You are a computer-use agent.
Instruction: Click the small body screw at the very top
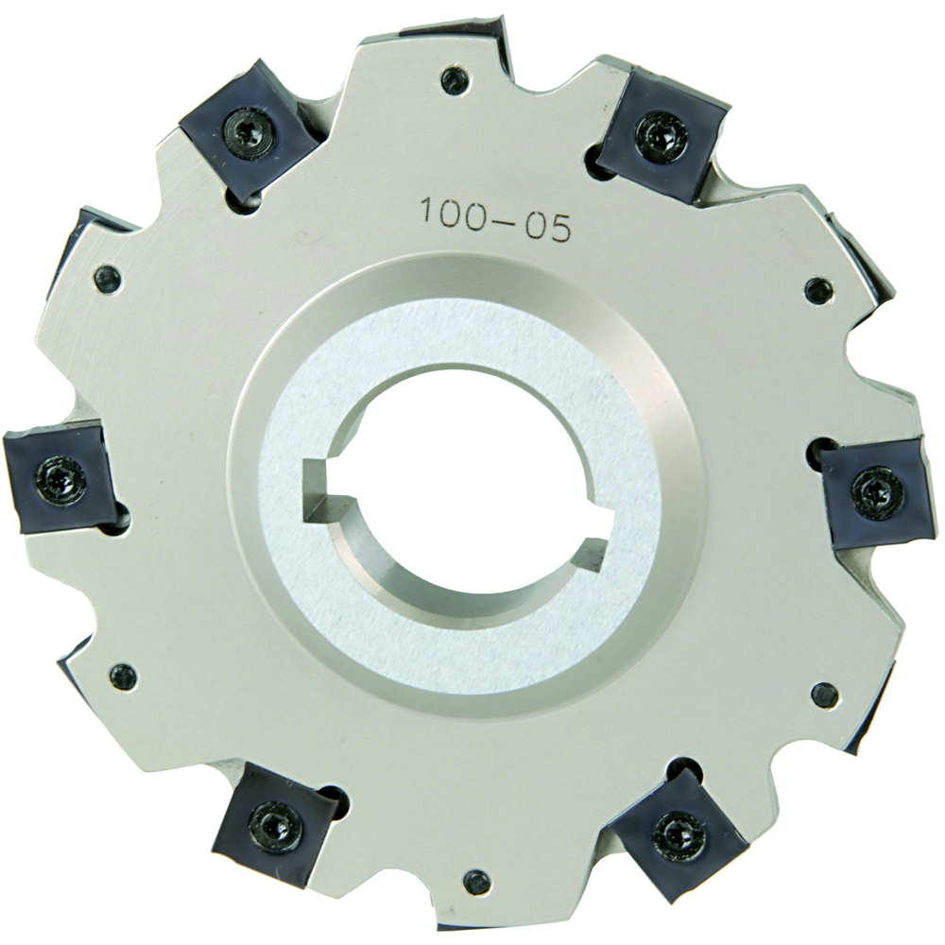455,79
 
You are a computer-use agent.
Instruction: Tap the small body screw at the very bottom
477,882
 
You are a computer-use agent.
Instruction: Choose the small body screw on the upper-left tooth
108,278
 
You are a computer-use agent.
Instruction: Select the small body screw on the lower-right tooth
824,696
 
